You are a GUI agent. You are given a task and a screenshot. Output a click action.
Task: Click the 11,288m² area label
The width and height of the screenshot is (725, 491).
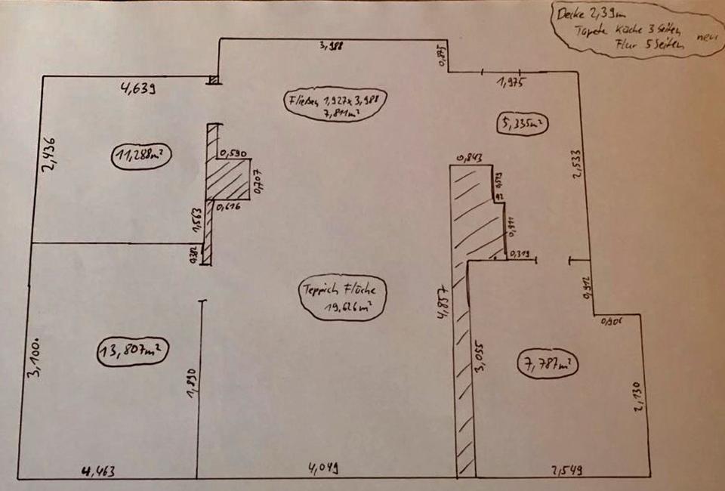click(140, 156)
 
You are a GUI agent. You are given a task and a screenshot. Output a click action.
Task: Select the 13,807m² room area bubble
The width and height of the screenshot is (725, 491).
click(132, 351)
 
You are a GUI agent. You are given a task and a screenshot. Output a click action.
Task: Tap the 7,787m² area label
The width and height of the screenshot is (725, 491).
click(548, 365)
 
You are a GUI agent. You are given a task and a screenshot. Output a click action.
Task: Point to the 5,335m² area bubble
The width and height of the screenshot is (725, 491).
click(522, 123)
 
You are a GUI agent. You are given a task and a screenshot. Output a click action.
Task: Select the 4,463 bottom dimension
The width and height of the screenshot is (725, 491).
click(99, 472)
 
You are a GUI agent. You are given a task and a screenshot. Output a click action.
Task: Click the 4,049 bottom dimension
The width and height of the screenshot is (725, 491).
click(322, 468)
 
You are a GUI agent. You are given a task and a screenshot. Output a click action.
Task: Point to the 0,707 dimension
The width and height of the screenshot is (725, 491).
click(258, 181)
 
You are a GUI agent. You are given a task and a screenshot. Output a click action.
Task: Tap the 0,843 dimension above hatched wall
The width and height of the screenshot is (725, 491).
click(470, 158)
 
